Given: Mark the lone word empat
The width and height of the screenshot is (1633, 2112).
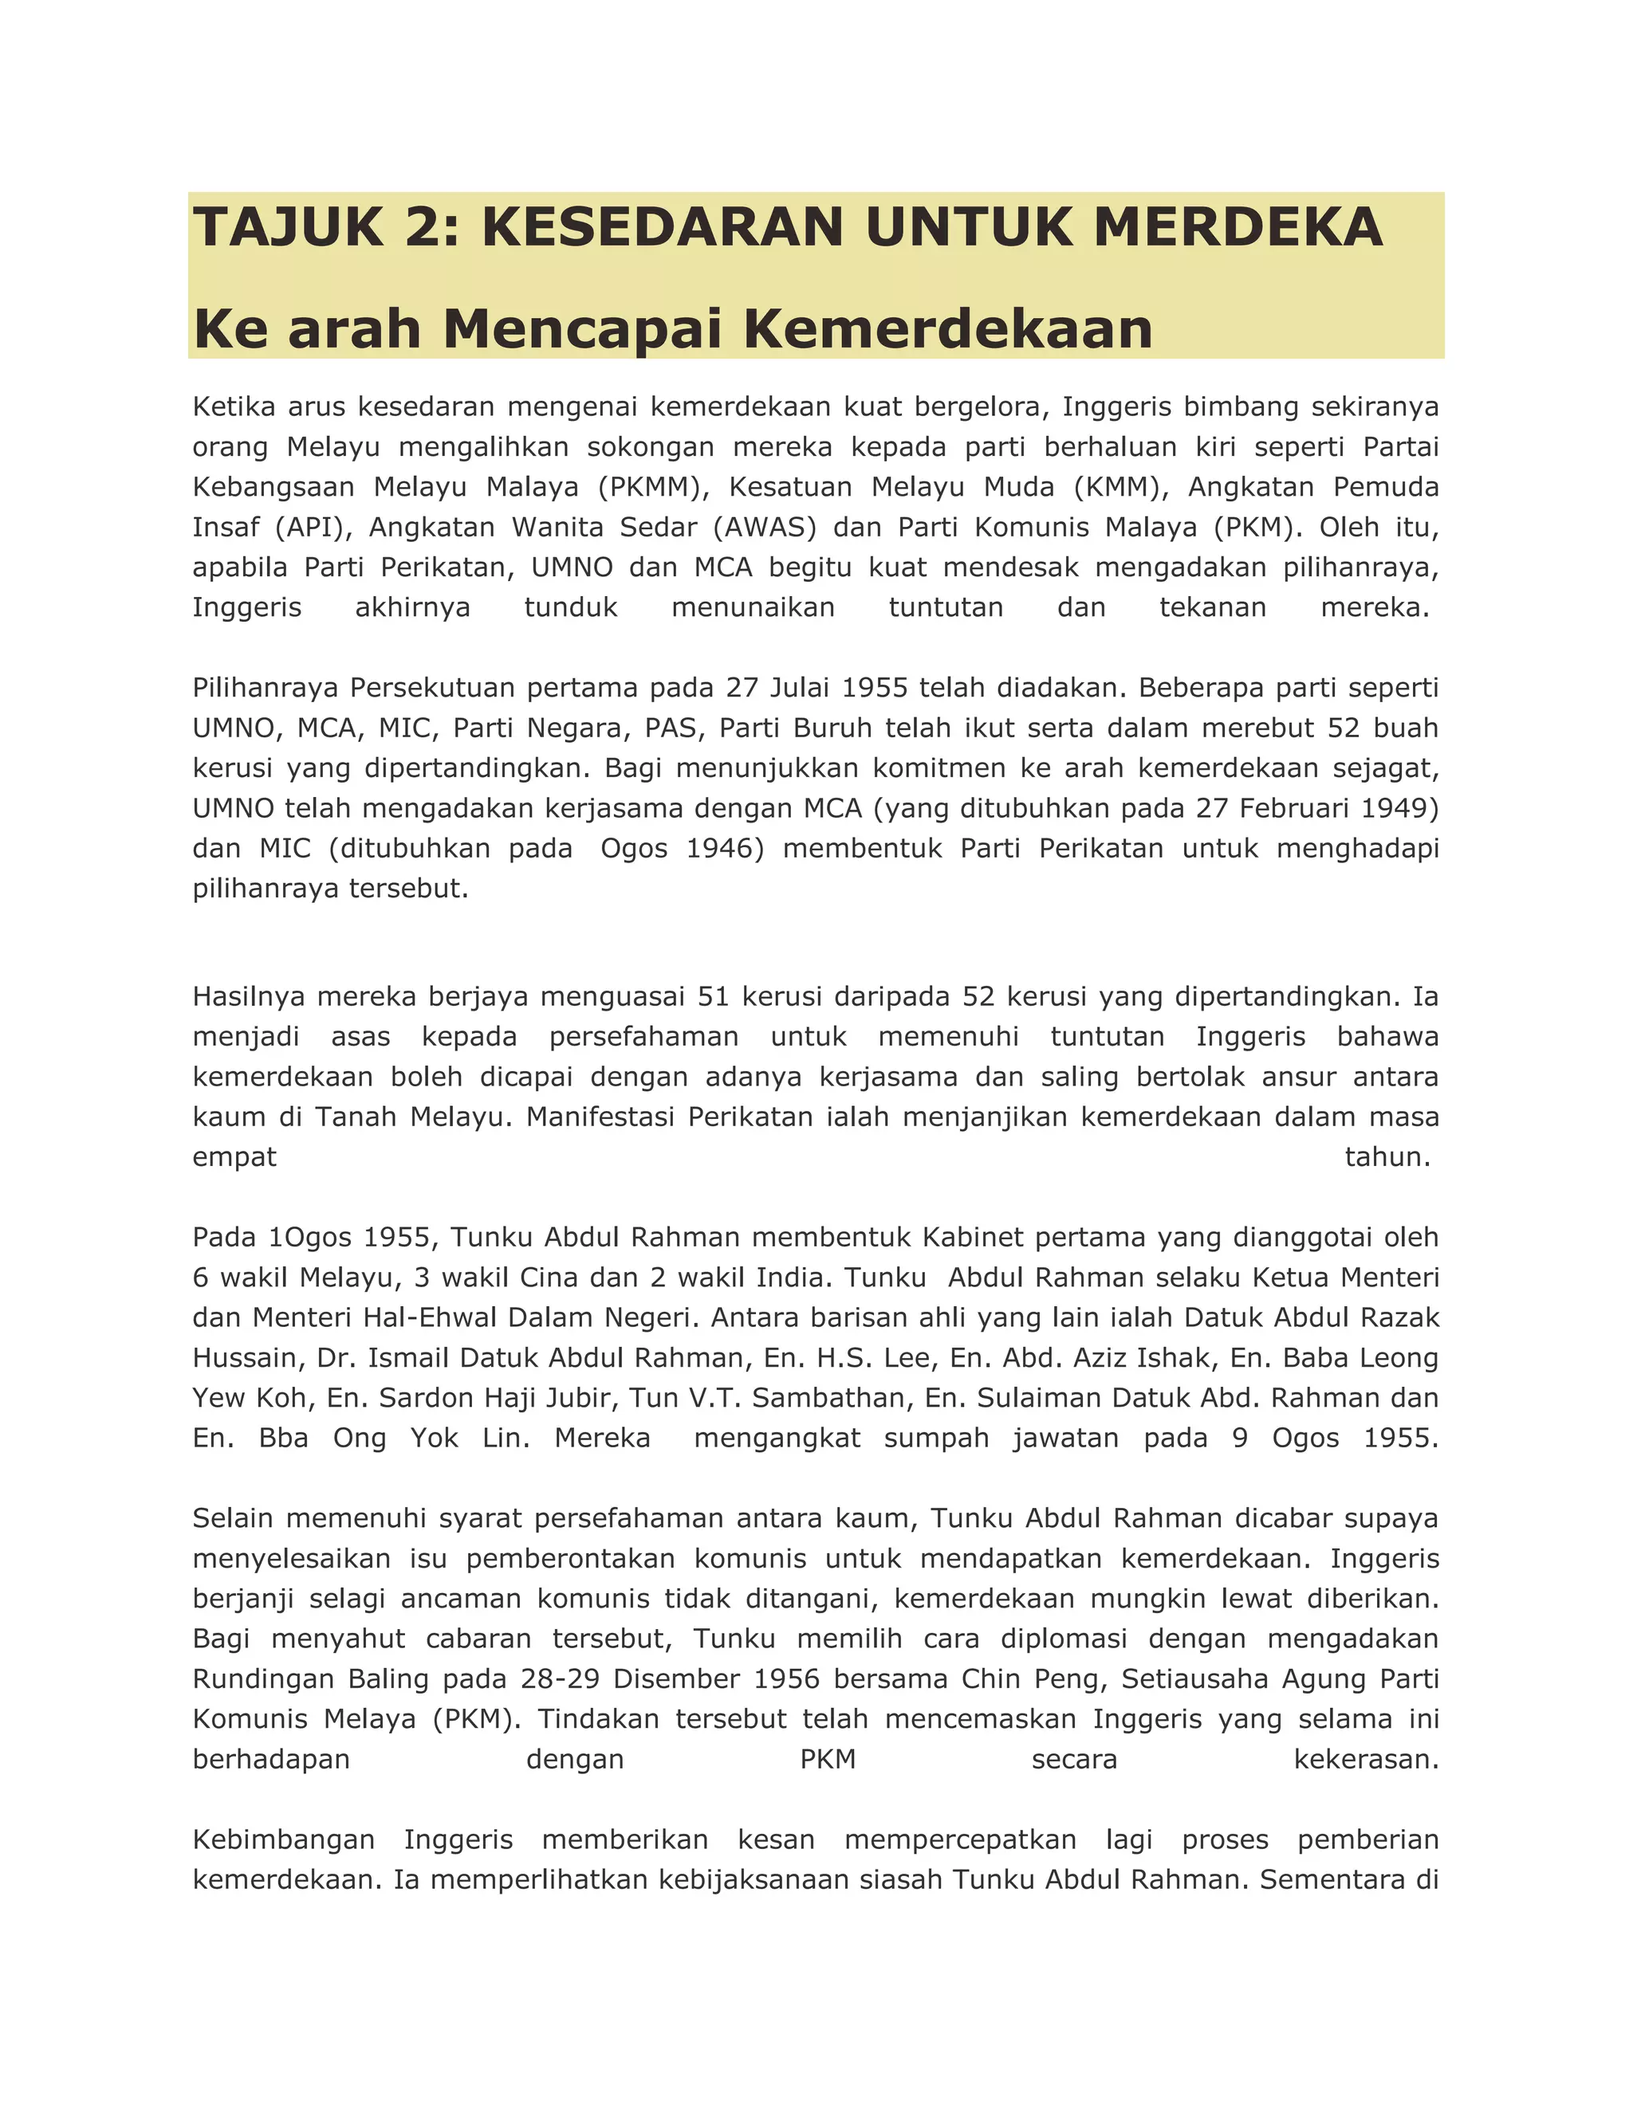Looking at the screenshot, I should click(234, 1156).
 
